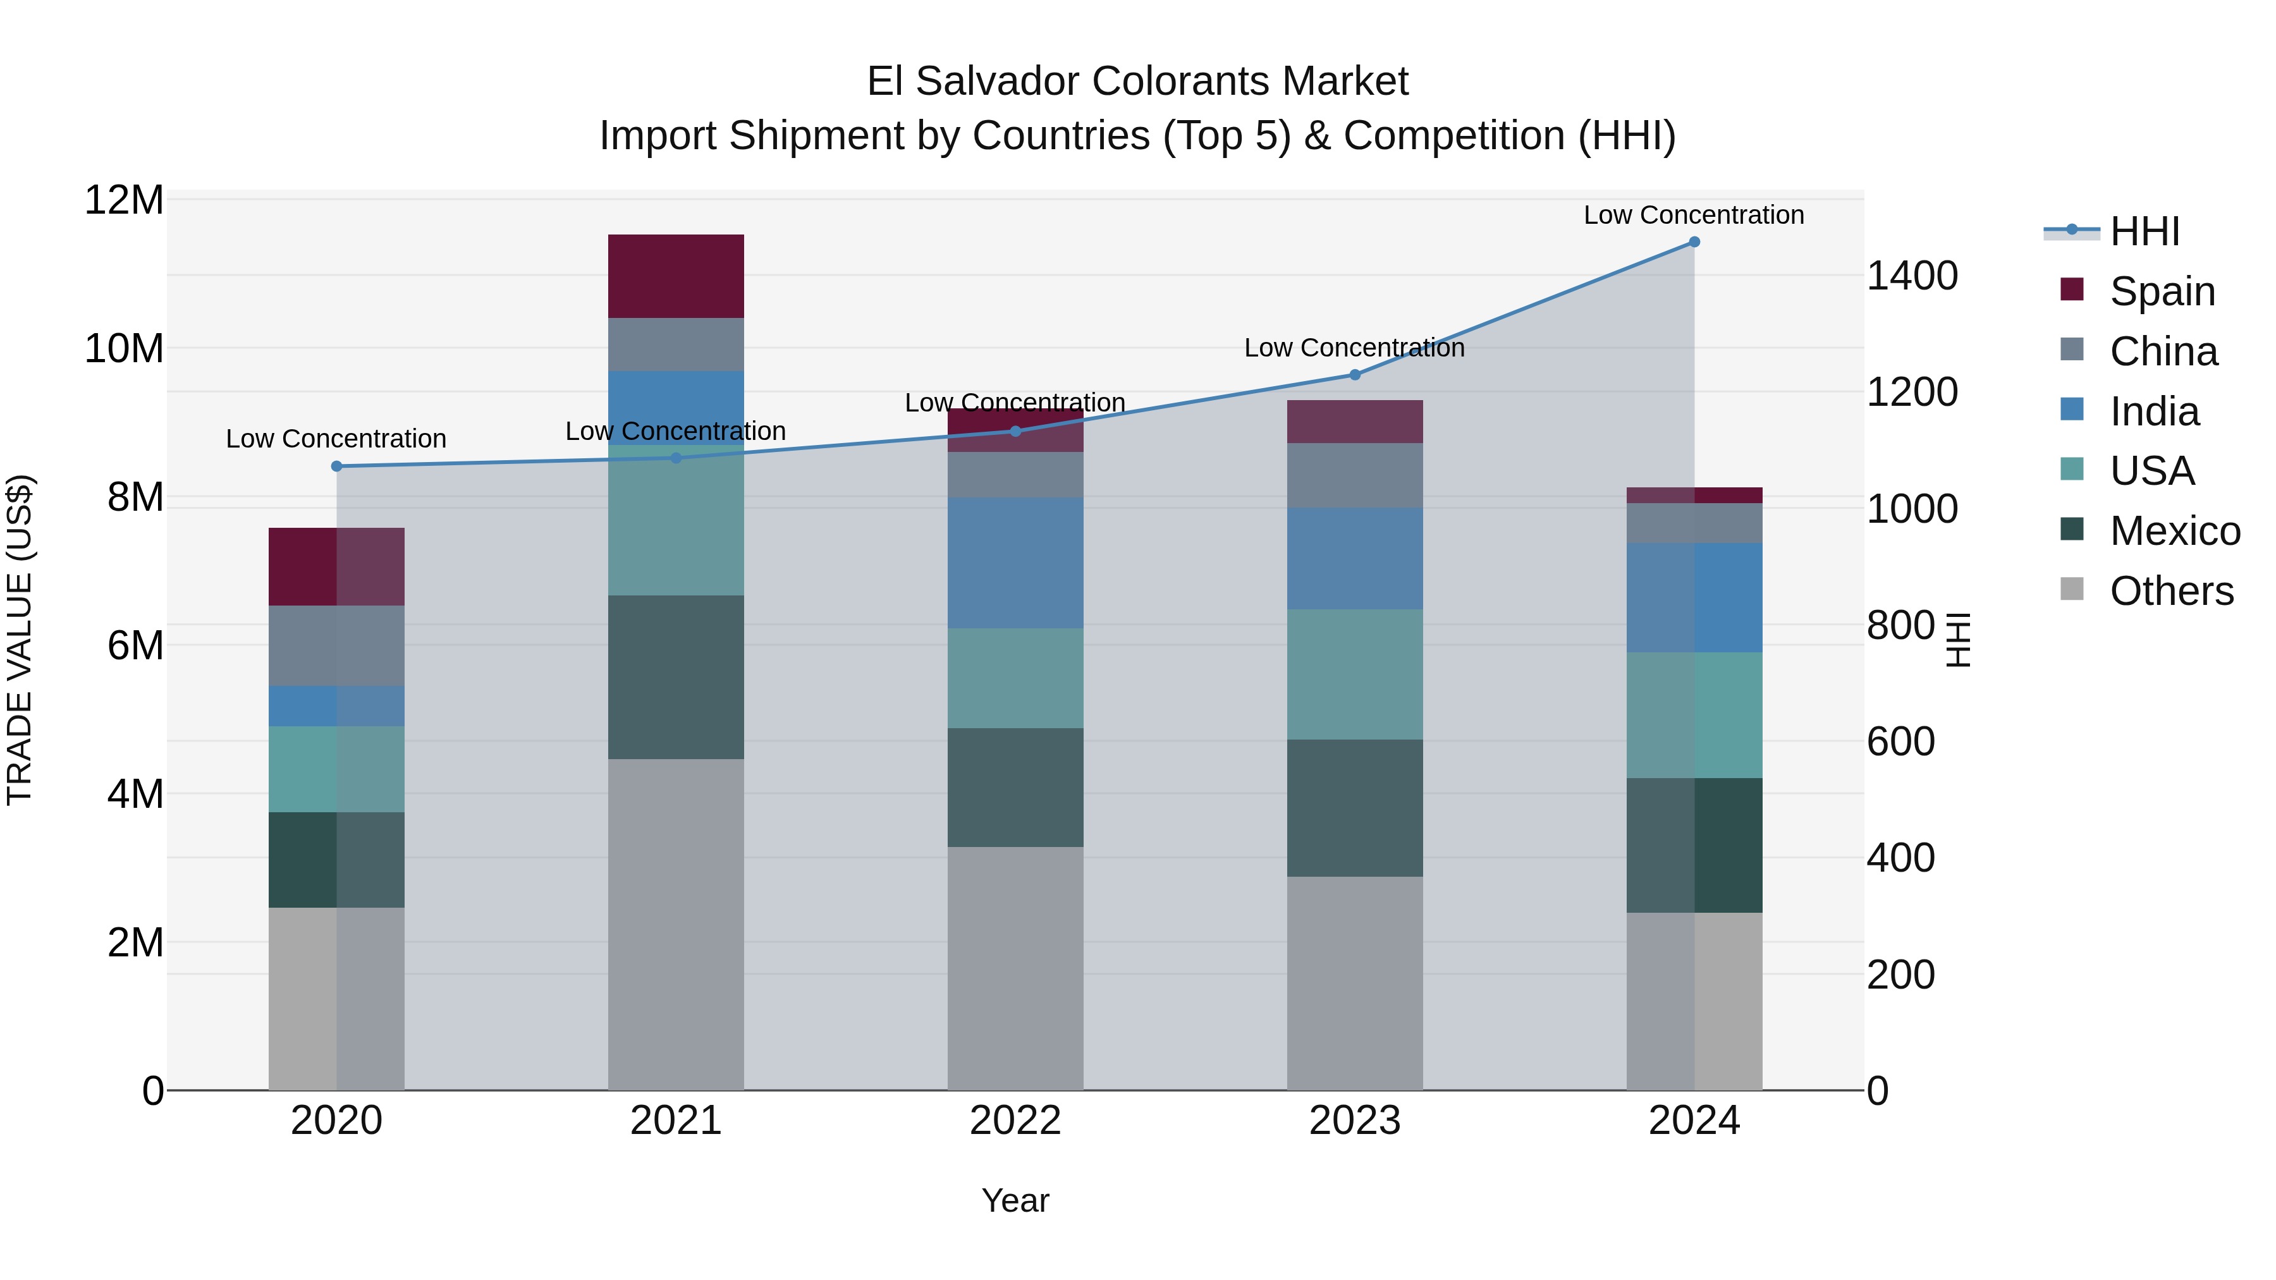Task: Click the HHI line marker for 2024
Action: [1694, 242]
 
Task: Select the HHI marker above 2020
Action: [336, 466]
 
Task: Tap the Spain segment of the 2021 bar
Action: [676, 276]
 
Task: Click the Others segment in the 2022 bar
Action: [1015, 968]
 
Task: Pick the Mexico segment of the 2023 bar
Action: [1354, 808]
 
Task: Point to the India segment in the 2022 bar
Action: [1015, 563]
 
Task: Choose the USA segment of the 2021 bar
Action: [676, 521]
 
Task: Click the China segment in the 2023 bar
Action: [1354, 475]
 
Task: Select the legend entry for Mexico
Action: [2174, 531]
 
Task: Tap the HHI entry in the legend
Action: [2144, 231]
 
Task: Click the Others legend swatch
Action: [2072, 589]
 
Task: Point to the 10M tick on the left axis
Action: [124, 349]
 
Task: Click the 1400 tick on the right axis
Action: [1912, 276]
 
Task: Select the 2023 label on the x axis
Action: [1354, 1121]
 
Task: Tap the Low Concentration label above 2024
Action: [1694, 215]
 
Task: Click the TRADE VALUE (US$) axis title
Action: [20, 640]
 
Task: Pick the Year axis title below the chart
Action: [1015, 1200]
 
